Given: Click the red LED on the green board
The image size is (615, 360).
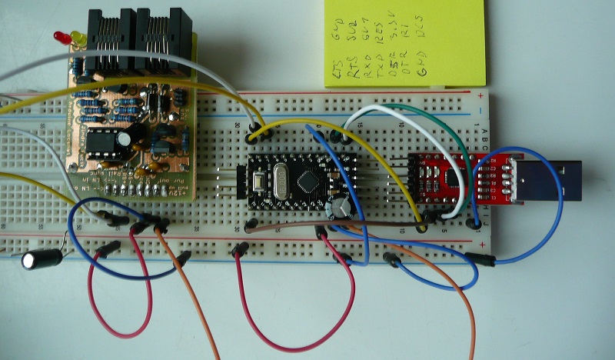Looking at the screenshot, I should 58,36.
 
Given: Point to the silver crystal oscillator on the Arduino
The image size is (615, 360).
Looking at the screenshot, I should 281,182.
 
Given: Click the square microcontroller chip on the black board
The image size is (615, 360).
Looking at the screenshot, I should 310,181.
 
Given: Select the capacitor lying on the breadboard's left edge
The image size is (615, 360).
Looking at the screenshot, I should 42,258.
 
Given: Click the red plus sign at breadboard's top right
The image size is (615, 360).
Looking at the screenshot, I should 480,95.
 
